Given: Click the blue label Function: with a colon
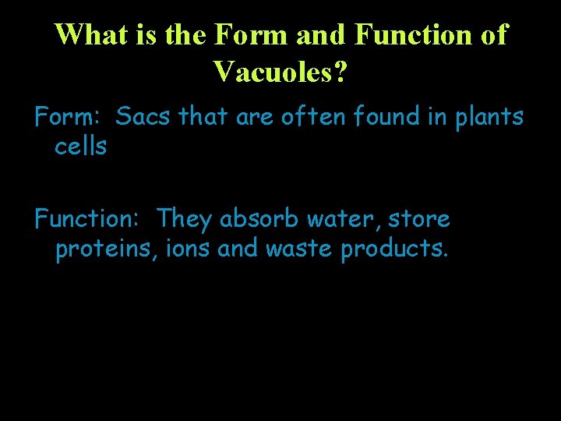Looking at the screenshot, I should [87, 219].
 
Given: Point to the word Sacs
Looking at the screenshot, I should [145, 117].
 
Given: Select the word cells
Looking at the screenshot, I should [80, 146].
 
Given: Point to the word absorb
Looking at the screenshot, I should [259, 219].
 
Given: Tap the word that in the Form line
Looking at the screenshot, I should [204, 117].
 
